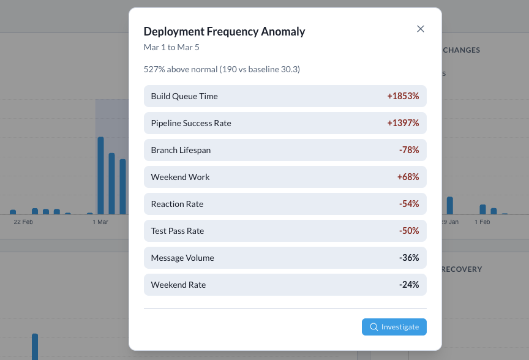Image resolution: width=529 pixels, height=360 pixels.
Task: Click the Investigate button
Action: (394, 327)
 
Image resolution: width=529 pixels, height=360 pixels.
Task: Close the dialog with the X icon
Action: (421, 29)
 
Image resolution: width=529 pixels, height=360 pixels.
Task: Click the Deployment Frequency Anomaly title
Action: (224, 32)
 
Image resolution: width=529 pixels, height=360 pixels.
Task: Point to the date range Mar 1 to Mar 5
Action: (171, 47)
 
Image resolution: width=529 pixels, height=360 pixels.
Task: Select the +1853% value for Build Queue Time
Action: (403, 96)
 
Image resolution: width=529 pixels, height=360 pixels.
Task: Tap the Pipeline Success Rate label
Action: (191, 123)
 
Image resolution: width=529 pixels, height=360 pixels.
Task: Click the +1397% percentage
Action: (403, 123)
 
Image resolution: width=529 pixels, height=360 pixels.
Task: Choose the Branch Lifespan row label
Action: (181, 150)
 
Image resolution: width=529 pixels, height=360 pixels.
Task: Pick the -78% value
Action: (408, 150)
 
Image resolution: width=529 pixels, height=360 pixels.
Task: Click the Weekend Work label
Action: (180, 177)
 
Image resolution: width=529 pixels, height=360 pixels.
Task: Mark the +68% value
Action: (408, 177)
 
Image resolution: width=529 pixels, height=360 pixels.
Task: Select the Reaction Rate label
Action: (177, 204)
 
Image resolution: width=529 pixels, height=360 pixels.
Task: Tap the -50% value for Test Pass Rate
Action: (408, 231)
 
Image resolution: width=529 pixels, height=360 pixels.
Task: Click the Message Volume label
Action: (182, 258)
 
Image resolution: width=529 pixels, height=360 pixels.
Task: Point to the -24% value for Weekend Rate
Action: (408, 285)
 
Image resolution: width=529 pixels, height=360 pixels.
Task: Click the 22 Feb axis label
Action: (23, 222)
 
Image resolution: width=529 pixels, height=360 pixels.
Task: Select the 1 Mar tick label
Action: (100, 222)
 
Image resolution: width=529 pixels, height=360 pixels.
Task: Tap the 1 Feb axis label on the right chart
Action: (482, 222)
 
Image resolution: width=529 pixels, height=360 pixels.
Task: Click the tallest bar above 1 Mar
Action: (100, 175)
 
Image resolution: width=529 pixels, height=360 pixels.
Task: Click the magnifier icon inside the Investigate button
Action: (374, 327)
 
